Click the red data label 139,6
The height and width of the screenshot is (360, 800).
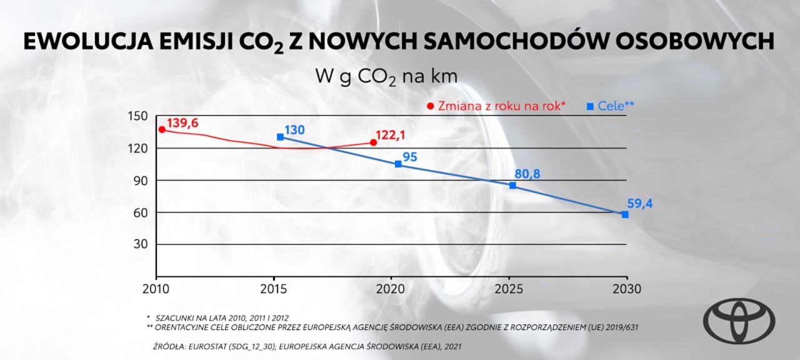182,123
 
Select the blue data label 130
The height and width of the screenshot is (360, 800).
294,130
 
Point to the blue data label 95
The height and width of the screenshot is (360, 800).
410,156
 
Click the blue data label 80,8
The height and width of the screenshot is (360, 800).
527,174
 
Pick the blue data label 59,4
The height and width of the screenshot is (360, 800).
639,203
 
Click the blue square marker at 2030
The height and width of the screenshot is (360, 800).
625,214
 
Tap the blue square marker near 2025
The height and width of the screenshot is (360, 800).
512,186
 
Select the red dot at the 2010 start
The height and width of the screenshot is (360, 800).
161,129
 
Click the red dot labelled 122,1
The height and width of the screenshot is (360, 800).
373,142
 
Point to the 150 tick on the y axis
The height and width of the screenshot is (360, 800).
140,116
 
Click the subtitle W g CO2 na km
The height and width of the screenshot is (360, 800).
386,77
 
